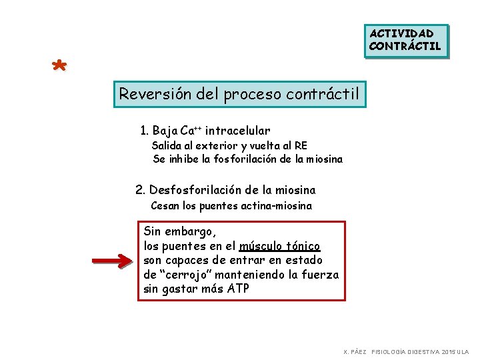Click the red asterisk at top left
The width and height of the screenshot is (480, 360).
[x=59, y=67]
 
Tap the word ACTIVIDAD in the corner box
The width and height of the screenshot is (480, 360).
[x=402, y=33]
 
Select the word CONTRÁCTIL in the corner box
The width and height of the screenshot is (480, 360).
[x=405, y=46]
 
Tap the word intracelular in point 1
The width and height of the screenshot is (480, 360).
[x=237, y=131]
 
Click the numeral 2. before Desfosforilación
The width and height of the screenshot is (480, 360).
[x=140, y=191]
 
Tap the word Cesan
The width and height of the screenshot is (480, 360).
[x=164, y=205]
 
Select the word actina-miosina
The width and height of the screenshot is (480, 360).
[x=277, y=205]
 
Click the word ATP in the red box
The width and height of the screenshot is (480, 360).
[x=237, y=289]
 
